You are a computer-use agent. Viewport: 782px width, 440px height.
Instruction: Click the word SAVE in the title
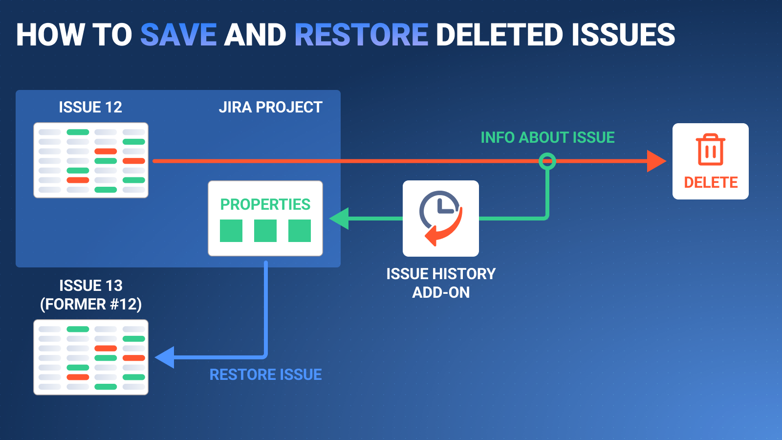[178, 35]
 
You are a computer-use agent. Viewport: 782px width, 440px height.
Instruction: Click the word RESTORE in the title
[361, 35]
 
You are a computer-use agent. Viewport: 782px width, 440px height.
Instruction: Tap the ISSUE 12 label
[90, 107]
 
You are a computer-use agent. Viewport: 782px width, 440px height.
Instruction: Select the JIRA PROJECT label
[270, 107]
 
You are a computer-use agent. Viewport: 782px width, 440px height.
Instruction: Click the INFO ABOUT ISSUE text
[547, 137]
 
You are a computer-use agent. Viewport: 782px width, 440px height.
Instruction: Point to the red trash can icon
[710, 150]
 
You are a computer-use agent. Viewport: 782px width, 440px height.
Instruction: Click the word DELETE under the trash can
[711, 182]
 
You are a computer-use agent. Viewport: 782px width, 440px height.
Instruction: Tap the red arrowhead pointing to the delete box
[656, 161]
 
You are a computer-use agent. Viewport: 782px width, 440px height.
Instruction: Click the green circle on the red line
[547, 161]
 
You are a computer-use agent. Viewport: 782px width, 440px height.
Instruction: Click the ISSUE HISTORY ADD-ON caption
[441, 283]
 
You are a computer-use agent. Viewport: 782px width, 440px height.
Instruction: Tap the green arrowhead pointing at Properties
[340, 219]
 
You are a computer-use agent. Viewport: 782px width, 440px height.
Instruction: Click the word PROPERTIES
[265, 204]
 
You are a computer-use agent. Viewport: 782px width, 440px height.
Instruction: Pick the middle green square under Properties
[265, 231]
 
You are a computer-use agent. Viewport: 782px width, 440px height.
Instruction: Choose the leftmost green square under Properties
[231, 231]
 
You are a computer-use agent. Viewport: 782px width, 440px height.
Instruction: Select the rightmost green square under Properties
[300, 231]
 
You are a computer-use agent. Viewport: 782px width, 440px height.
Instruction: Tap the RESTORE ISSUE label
[265, 374]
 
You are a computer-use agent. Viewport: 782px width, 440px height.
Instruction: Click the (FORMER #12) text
[91, 304]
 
